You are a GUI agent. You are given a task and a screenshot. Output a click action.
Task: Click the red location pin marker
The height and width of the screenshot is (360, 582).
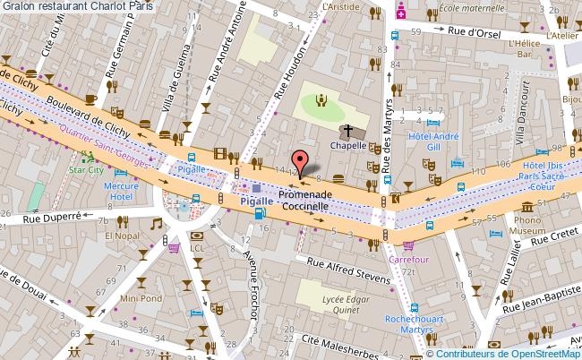pos(299,162)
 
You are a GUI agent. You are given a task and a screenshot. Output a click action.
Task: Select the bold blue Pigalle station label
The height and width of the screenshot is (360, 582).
pos(256,202)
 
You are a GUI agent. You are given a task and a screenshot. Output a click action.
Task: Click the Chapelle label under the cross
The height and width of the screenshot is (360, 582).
pos(348,144)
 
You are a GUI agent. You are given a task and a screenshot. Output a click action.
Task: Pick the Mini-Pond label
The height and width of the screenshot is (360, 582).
pos(141,298)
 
